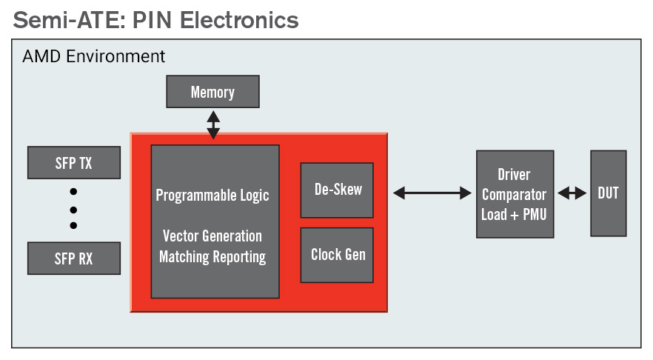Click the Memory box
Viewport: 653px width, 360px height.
tap(212, 92)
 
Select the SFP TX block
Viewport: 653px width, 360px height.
tap(74, 162)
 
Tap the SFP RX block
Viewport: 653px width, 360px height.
tap(74, 259)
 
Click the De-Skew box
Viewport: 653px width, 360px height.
tap(337, 190)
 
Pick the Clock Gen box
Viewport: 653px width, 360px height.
tap(337, 255)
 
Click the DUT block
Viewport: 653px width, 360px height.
tap(609, 193)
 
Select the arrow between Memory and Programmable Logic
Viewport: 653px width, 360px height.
tap(213, 124)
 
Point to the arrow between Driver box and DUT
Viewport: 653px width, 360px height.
tap(572, 193)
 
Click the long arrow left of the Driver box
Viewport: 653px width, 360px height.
tap(432, 193)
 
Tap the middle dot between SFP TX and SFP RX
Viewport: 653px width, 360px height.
tap(74, 210)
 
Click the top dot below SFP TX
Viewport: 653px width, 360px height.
tap(74, 192)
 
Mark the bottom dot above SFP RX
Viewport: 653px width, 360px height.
tap(74, 225)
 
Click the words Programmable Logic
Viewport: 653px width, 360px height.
tap(212, 196)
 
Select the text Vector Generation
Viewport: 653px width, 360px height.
tap(212, 236)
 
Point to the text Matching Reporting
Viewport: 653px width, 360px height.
tap(212, 256)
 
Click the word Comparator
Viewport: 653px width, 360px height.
tap(515, 195)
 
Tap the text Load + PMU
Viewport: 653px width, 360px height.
tap(514, 215)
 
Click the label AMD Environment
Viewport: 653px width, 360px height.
tap(94, 56)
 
